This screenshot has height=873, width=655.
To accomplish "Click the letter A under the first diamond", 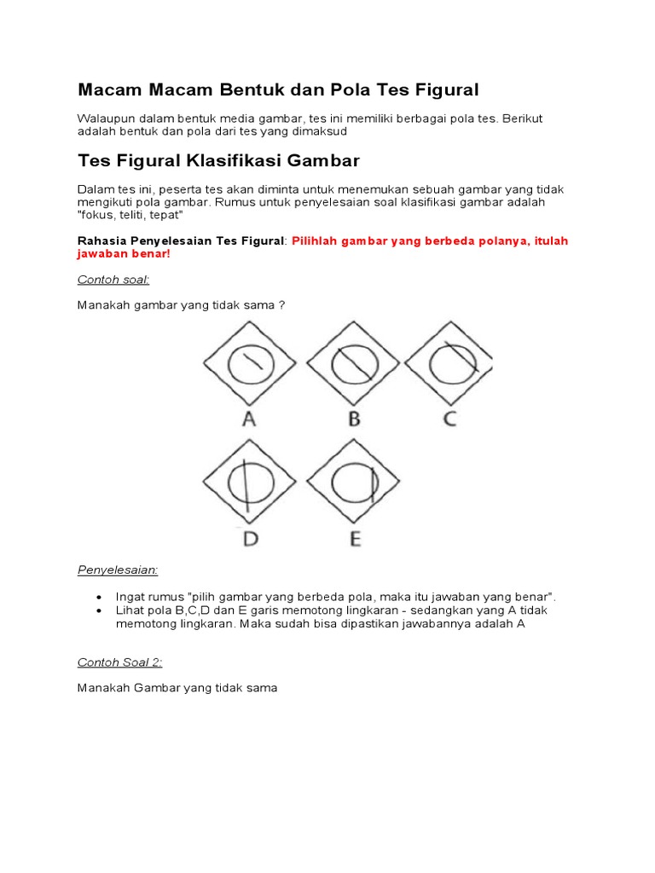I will coord(249,419).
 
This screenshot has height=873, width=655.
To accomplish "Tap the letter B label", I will coord(353,419).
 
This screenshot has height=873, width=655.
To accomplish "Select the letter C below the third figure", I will coord(449,419).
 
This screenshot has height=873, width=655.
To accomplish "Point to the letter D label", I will coord(251,539).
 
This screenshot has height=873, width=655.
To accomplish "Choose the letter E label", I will coord(354,539).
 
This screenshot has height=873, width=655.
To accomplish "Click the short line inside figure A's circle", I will coord(250,361).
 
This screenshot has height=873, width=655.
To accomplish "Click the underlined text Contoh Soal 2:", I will coord(119,662).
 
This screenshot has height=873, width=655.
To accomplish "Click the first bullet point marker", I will coord(100,597).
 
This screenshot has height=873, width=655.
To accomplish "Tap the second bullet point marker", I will coord(100,611).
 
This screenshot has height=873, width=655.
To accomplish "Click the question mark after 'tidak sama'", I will coord(281,305).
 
